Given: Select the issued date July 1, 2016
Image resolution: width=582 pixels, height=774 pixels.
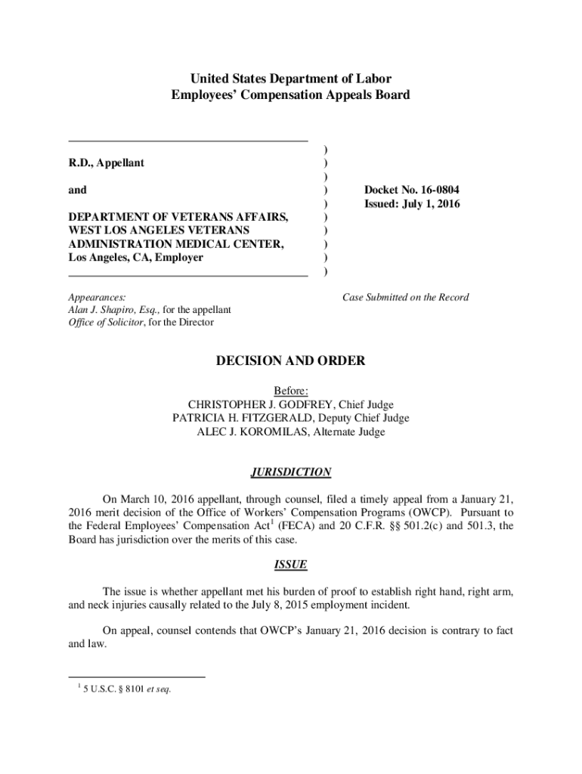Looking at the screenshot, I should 433,204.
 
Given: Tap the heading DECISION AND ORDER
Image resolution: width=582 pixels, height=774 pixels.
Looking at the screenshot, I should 291,361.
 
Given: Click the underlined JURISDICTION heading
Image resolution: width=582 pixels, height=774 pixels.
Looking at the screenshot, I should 291,472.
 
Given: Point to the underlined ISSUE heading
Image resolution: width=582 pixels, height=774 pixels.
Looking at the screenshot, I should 291,565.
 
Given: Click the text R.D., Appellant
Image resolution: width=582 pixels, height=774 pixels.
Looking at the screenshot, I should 107,163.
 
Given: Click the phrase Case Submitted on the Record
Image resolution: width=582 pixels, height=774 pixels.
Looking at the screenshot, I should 405,297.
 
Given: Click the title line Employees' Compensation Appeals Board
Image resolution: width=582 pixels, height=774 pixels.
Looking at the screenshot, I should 291,95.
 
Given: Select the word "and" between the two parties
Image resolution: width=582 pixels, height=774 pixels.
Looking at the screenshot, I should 77,190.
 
